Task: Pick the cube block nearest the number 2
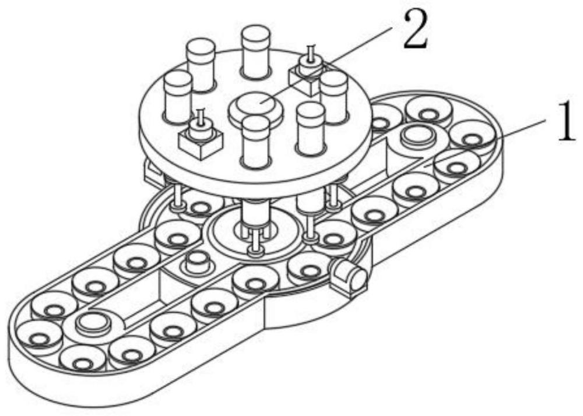pos(305,79)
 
